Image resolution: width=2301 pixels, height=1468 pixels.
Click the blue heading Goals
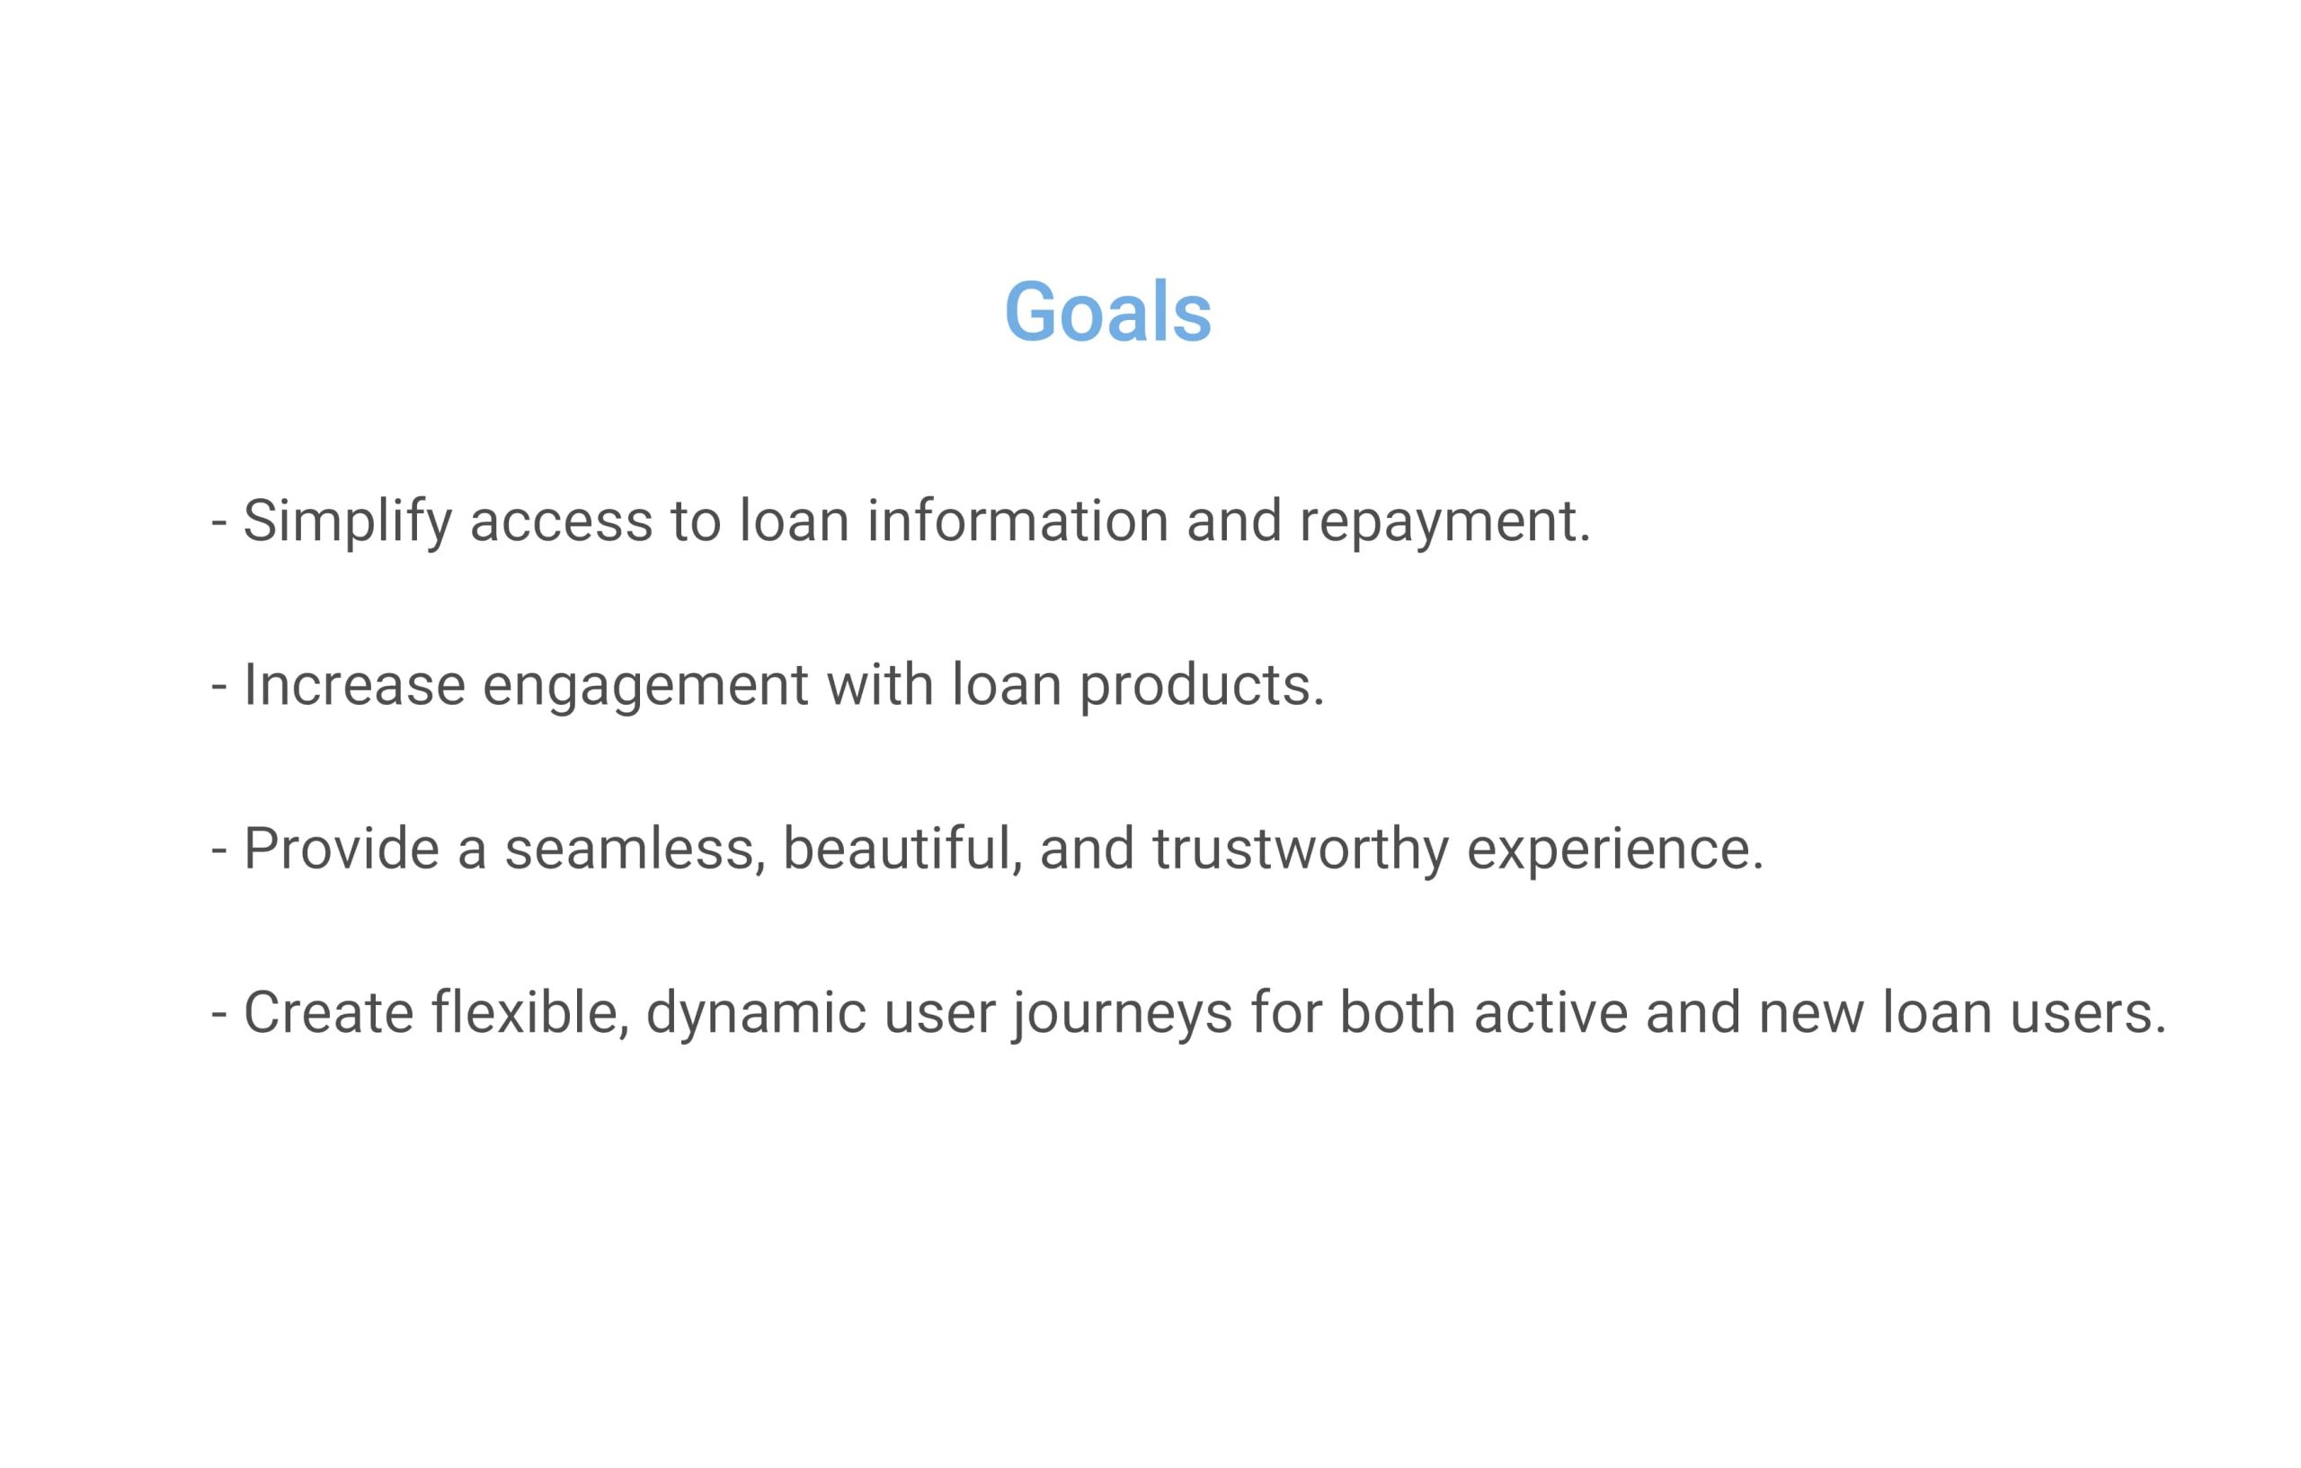click(x=1107, y=312)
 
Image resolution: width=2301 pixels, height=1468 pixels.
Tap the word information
click(x=1017, y=520)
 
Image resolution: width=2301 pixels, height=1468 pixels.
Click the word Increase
click(x=354, y=685)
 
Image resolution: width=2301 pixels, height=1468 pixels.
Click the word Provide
click(x=342, y=849)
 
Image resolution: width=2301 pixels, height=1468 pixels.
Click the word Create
click(x=329, y=1013)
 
